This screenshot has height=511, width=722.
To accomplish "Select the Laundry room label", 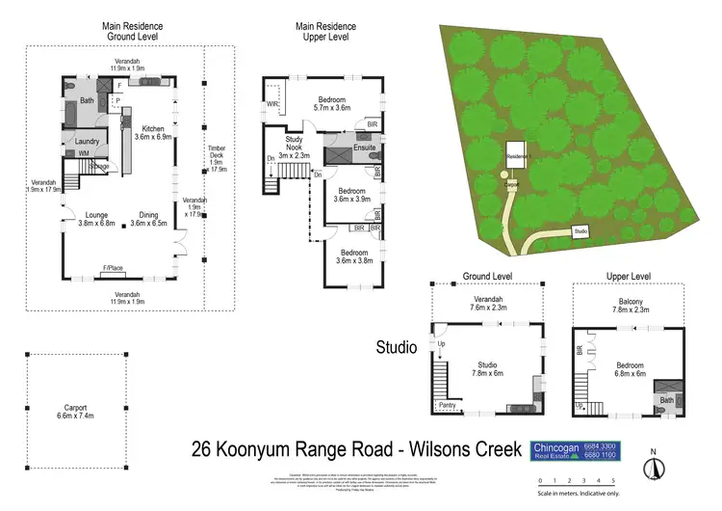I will click(x=89, y=141).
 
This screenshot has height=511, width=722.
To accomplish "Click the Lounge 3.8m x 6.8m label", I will click(x=96, y=219).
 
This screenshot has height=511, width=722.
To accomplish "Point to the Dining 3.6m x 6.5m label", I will click(x=147, y=219).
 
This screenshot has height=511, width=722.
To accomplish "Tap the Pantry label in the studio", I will click(x=447, y=405).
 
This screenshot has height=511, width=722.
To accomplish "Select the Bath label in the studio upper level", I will click(x=665, y=399).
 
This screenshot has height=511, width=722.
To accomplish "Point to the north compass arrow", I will click(x=655, y=467).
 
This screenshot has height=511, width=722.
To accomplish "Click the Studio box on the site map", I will click(x=580, y=231).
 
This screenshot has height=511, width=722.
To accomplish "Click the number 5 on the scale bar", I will click(x=612, y=479).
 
